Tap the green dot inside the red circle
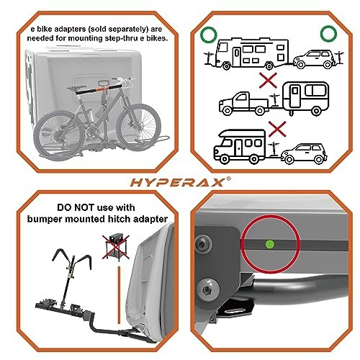270,244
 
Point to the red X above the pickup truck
269,81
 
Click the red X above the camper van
277,129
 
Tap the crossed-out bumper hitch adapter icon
116,247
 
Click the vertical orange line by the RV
119,295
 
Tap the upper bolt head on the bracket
202,245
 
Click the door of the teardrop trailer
294,96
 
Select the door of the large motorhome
237,57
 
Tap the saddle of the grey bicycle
76,88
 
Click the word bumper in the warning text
44,219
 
